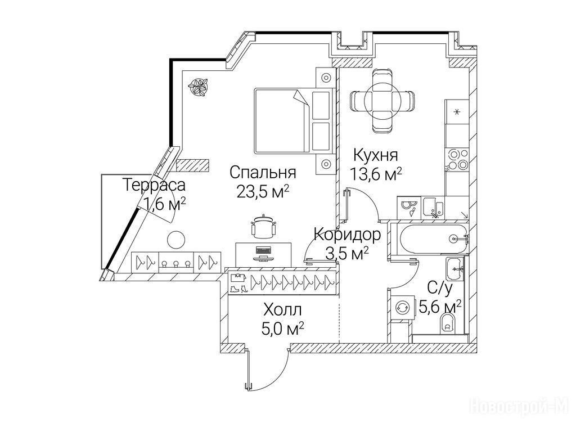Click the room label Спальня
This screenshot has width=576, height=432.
(263, 172)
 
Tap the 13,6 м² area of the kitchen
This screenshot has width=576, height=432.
(375, 174)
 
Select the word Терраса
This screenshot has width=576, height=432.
(154, 184)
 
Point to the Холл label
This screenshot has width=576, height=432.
(282, 310)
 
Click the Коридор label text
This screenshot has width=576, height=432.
(348, 235)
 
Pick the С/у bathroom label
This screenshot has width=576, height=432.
(440, 289)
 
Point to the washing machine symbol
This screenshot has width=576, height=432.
(401, 308)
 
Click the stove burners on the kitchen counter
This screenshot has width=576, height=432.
(457, 160)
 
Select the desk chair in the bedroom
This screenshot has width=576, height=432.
(263, 227)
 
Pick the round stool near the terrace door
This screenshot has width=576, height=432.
(176, 240)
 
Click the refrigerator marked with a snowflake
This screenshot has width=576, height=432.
(457, 112)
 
